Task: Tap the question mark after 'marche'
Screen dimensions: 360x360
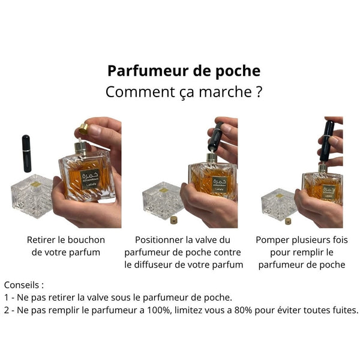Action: pyautogui.click(x=257, y=93)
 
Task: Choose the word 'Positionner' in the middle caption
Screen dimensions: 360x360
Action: pyautogui.click(x=159, y=240)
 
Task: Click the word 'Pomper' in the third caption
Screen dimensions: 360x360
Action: pyautogui.click(x=273, y=240)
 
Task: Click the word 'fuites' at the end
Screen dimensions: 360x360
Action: pyautogui.click(x=344, y=310)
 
